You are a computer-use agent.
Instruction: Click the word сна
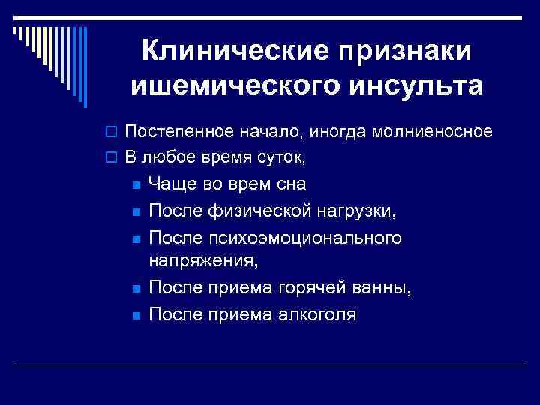[x=289, y=184]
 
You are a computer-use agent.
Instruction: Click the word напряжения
[x=205, y=260]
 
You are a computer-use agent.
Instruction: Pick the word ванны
[x=386, y=287]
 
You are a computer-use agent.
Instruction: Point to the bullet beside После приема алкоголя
[x=135, y=315]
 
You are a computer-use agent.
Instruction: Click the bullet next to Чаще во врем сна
[x=135, y=185]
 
